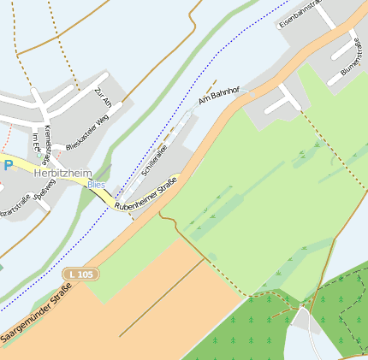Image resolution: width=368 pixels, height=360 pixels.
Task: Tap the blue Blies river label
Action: (96, 184)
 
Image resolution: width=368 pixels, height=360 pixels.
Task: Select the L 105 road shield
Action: (80, 274)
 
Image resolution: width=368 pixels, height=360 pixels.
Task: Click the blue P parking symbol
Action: (8, 165)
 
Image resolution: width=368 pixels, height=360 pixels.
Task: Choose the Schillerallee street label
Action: (157, 159)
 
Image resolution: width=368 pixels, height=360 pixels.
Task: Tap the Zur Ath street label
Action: (104, 97)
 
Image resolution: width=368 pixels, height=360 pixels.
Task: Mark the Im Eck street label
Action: (35, 140)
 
